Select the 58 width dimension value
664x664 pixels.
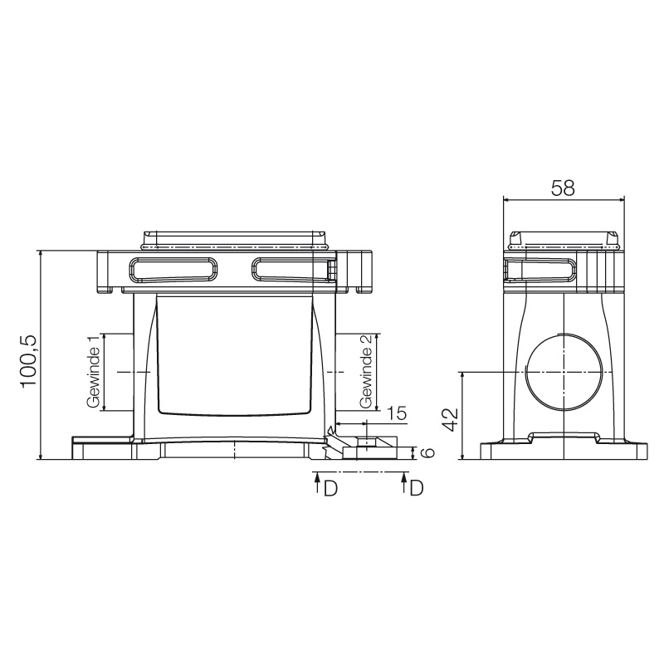[563, 188]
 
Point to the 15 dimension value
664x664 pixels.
[396, 413]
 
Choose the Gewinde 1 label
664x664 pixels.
[93, 371]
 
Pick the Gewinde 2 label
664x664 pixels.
[366, 371]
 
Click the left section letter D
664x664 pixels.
[330, 488]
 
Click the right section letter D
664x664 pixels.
[417, 488]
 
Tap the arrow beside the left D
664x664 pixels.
[316, 483]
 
